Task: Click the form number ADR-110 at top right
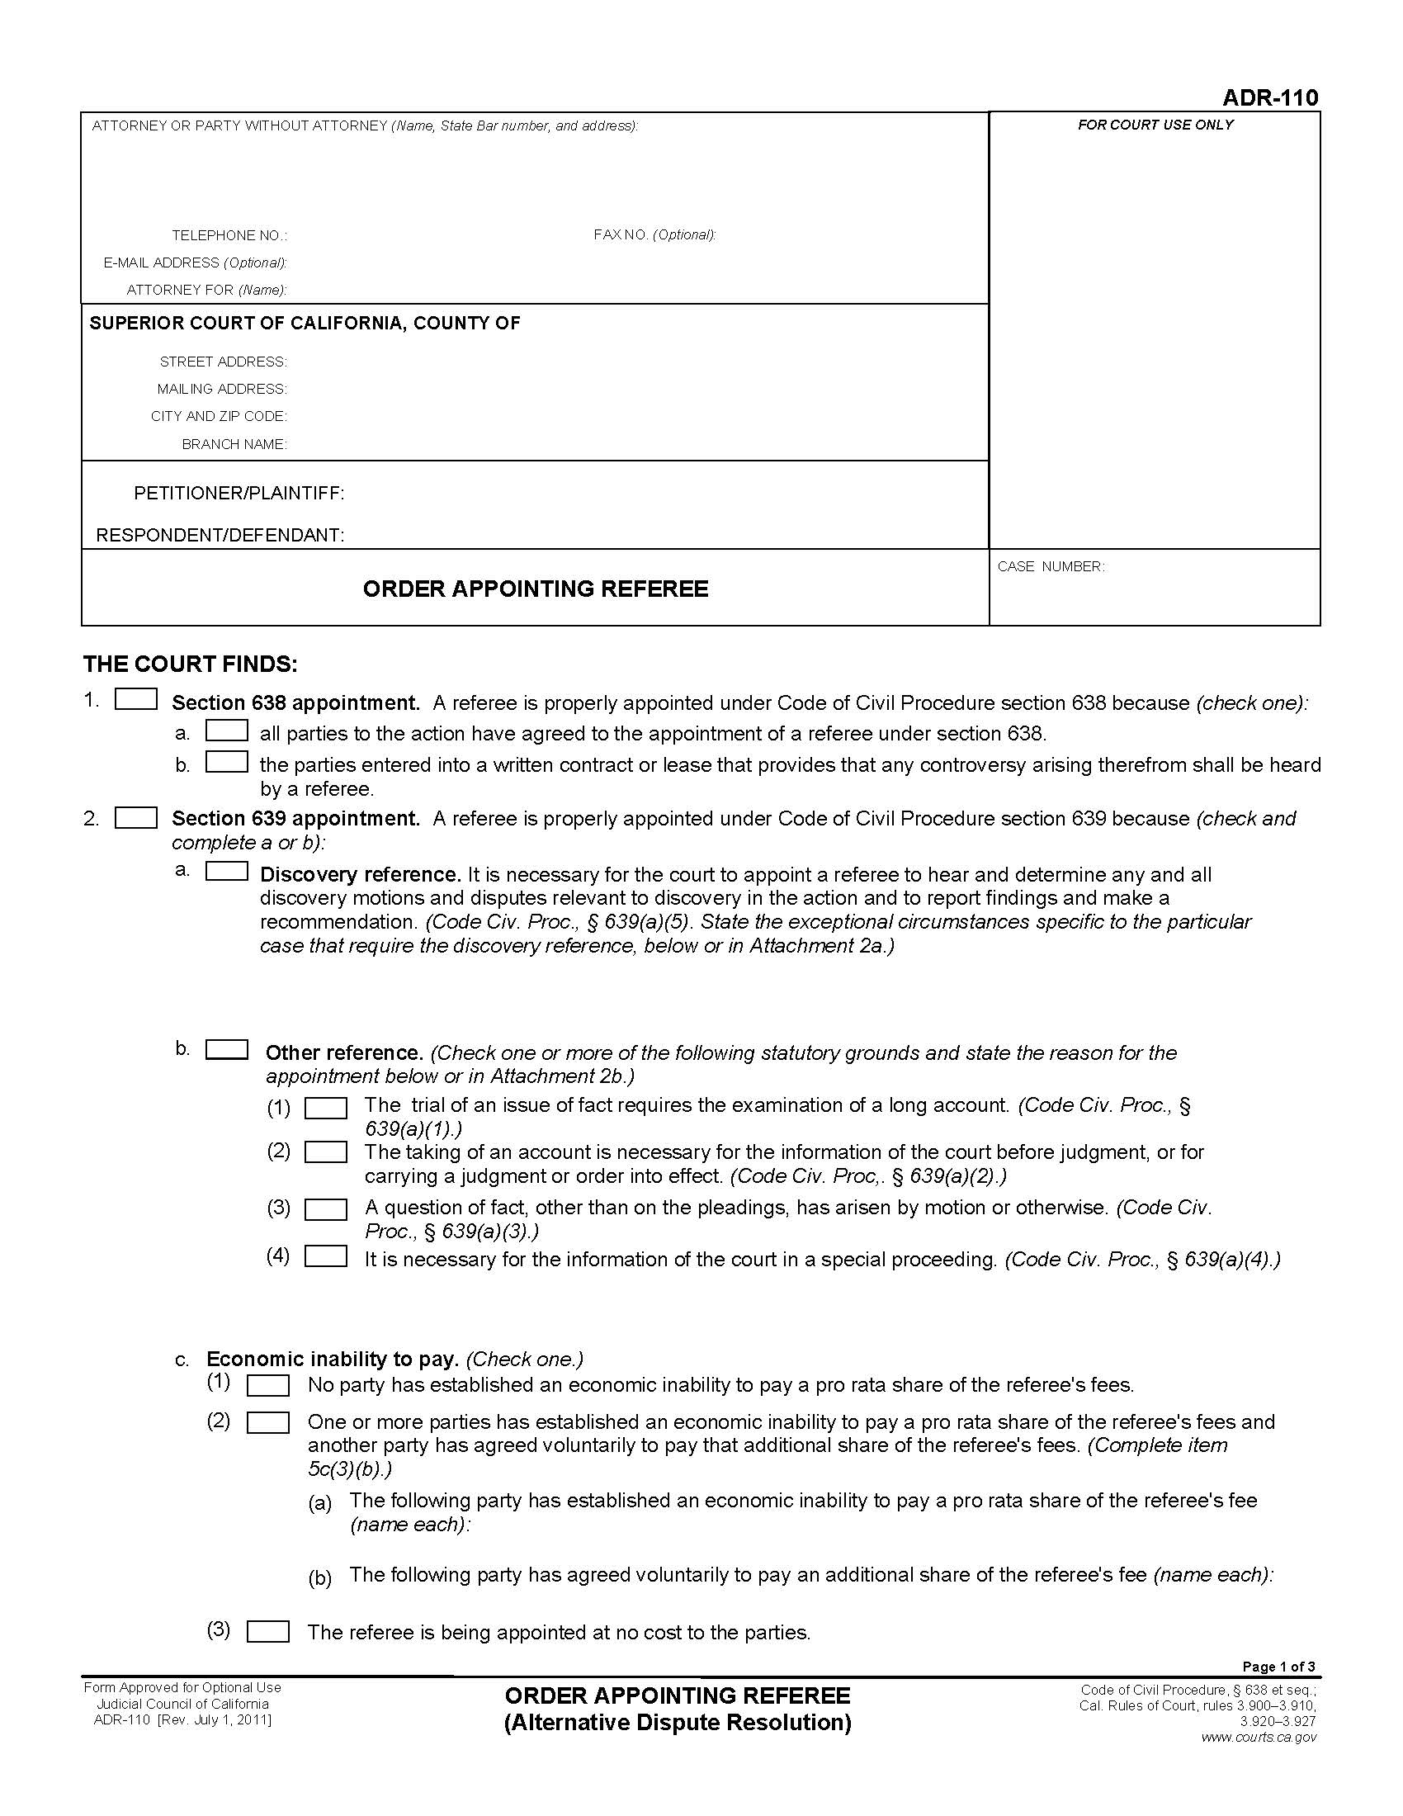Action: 1269,98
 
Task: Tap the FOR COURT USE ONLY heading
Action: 1155,125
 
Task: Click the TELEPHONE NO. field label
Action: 229,235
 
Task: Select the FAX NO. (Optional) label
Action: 654,234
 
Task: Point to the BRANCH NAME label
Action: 234,444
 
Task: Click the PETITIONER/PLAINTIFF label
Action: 239,493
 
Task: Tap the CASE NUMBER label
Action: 1051,566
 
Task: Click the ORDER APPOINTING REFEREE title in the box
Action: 536,589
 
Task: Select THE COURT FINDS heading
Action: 190,664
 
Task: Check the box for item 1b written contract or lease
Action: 226,762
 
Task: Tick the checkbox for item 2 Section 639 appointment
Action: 135,818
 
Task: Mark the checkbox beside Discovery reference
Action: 226,871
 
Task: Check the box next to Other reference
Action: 226,1049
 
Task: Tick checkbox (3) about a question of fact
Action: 325,1209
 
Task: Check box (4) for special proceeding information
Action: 325,1256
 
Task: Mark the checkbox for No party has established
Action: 267,1385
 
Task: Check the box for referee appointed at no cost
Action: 267,1631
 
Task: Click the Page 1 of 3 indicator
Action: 1278,1667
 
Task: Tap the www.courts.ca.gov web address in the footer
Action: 1259,1737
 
